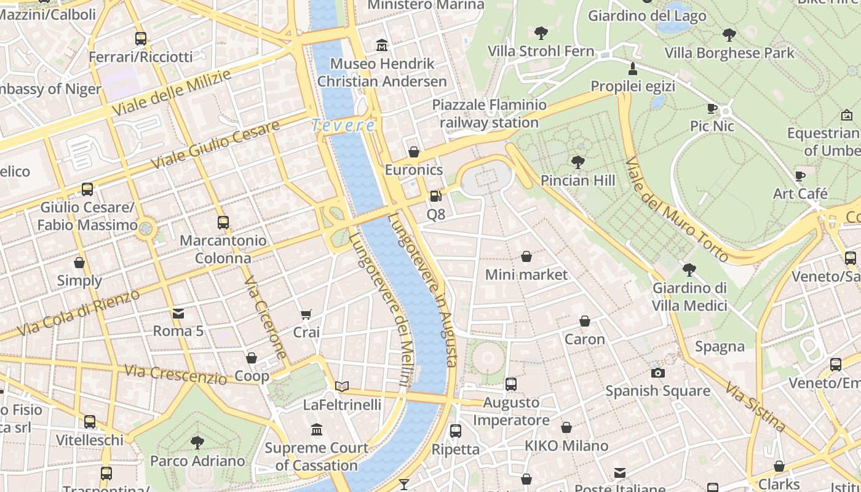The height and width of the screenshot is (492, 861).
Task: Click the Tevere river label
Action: [343, 125]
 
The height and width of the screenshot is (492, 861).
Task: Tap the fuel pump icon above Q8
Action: [435, 196]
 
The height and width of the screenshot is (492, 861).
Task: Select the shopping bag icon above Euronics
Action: [414, 152]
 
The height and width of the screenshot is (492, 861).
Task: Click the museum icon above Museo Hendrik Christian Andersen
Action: [382, 46]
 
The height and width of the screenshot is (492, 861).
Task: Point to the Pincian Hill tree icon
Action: [577, 162]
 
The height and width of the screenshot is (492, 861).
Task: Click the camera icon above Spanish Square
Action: [657, 373]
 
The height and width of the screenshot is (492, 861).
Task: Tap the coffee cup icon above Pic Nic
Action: [712, 109]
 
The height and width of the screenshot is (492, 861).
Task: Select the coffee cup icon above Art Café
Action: [799, 177]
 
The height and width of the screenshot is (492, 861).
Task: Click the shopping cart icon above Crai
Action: [306, 314]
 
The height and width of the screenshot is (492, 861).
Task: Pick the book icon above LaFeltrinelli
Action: [342, 386]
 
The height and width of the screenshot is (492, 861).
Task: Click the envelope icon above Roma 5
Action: [178, 314]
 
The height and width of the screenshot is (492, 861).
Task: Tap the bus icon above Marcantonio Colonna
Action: [223, 223]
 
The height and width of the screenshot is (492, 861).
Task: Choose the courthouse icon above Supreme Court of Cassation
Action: [317, 429]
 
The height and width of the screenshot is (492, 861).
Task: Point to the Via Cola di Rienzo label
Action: [79, 313]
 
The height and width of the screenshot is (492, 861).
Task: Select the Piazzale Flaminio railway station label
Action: [490, 114]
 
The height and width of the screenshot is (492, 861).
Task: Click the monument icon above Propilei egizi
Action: [632, 68]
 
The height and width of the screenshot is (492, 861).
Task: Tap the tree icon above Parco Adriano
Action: [197, 442]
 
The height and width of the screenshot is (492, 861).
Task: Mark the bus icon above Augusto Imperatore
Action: [510, 384]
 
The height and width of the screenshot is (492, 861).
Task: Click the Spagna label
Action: [720, 346]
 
